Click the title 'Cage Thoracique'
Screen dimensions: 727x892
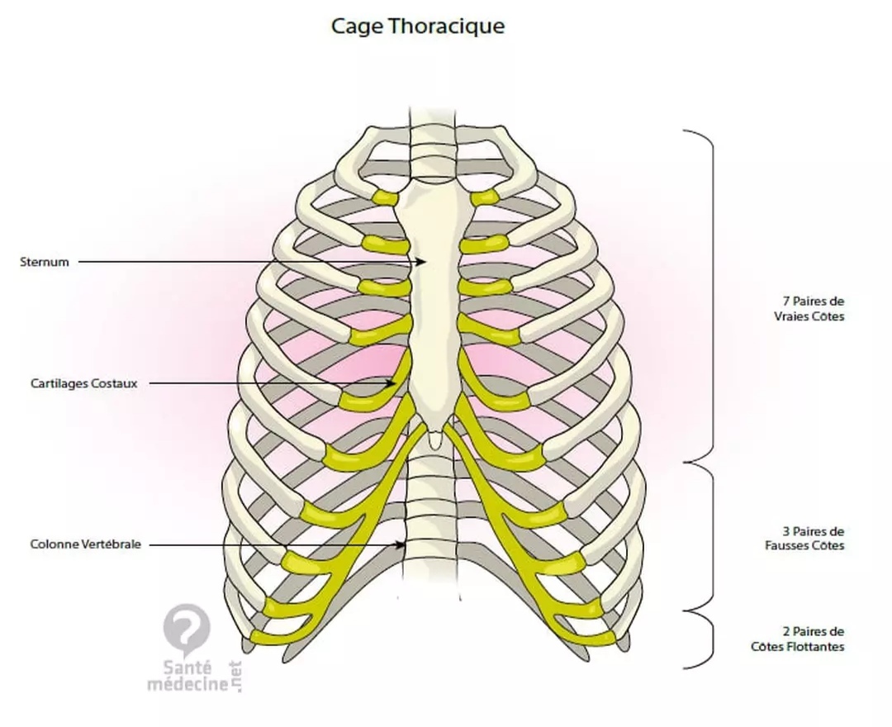(418, 26)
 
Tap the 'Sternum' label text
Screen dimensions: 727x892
(45, 262)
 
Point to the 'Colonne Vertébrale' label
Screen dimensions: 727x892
(86, 544)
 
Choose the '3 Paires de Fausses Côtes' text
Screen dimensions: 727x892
(813, 539)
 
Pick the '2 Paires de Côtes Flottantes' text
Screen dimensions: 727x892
(809, 639)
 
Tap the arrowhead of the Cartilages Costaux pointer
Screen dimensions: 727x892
(393, 383)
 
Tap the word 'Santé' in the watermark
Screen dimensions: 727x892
(188, 668)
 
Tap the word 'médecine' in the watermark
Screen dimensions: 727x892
(187, 684)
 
